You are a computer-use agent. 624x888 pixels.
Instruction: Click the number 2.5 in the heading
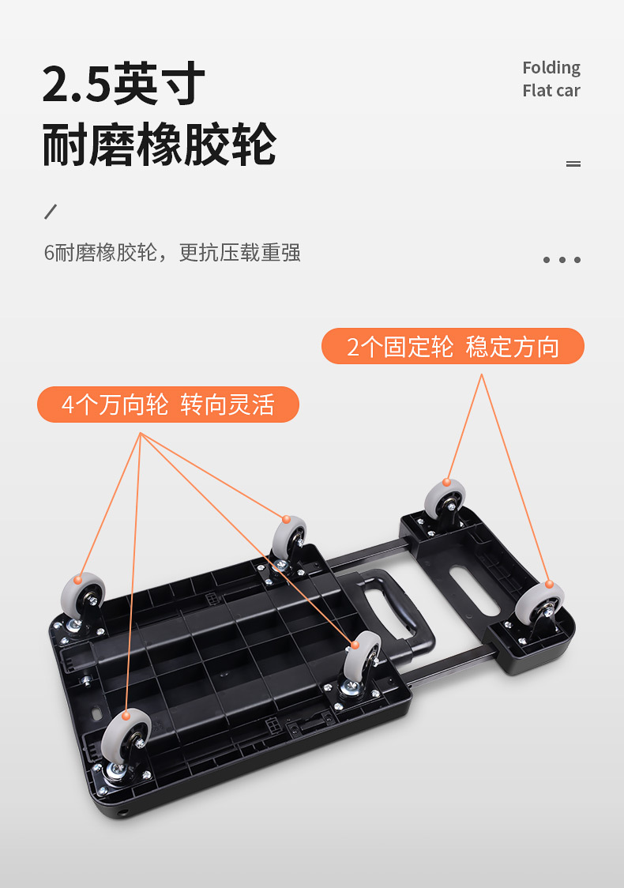click(76, 85)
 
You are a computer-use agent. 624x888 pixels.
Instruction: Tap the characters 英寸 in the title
click(160, 85)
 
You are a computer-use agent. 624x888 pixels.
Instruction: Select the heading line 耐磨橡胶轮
click(159, 145)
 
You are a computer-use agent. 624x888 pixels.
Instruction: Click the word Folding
click(551, 68)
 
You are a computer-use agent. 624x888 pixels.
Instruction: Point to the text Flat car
click(551, 91)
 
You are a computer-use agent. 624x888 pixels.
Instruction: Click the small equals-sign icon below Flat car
click(573, 164)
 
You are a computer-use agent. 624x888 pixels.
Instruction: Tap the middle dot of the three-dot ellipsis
click(562, 260)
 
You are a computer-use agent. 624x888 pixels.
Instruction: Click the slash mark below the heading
click(51, 212)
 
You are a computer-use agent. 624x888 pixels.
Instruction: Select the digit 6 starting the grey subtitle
click(49, 253)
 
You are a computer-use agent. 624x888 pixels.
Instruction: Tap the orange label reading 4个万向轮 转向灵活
click(168, 404)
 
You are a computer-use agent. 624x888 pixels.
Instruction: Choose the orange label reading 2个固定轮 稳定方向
click(453, 347)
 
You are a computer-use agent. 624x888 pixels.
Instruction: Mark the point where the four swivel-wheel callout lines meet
click(141, 433)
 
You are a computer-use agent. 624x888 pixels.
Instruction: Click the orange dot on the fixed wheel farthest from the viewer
click(447, 482)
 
